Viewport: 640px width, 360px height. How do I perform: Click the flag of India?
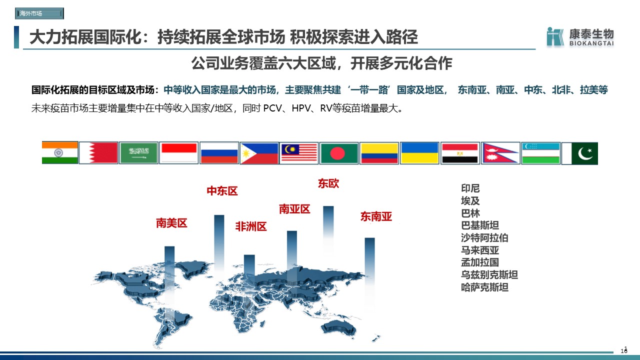pos(59,153)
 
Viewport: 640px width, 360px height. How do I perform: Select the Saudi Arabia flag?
pos(138,153)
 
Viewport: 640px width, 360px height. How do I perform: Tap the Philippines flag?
pos(259,153)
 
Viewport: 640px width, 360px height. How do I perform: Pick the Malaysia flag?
pos(299,153)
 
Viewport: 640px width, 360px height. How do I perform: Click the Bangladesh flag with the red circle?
pos(339,153)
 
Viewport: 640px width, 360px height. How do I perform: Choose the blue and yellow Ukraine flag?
pos(419,153)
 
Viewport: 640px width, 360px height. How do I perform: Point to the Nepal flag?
pos(500,153)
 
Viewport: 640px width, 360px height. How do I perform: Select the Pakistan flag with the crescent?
pos(579,153)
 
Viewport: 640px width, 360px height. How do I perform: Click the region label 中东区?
pos(222,191)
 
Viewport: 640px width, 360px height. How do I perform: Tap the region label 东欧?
pos(328,183)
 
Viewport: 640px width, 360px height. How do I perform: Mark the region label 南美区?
pos(171,223)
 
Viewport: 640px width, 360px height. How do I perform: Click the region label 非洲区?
pos(251,226)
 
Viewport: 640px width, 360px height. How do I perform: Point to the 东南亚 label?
pos(376,216)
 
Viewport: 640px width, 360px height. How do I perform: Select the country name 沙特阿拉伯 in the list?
pos(484,237)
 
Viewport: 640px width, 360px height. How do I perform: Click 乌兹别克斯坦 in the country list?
pos(489,275)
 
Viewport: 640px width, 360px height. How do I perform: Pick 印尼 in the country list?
pos(470,188)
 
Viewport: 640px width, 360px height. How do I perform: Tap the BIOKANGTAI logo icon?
pos(555,36)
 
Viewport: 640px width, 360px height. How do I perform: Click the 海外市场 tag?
pos(39,13)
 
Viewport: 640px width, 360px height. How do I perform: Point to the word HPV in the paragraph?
pos(301,108)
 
